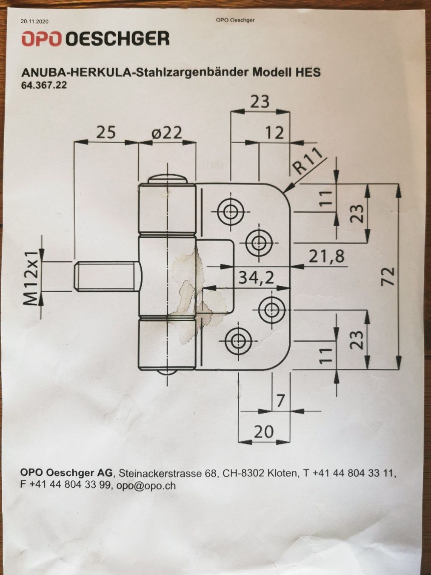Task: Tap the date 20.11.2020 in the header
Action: point(34,22)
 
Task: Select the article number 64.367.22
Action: point(44,86)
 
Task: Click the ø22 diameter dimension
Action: point(166,133)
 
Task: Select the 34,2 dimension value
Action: point(257,278)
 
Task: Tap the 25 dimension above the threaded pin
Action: point(106,132)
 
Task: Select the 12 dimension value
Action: point(274,133)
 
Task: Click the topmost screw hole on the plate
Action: point(231,211)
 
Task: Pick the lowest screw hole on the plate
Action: point(238,341)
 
